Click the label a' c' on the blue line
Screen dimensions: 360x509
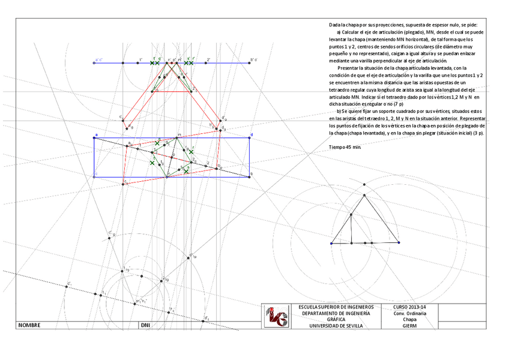[x=98, y=60]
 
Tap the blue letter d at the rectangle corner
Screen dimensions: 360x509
[x=251, y=134]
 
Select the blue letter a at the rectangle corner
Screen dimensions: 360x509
[x=95, y=134]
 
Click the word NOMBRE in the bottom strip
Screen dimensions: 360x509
[x=29, y=325]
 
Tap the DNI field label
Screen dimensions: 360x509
[x=145, y=325]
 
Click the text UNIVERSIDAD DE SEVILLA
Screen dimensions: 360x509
[x=336, y=326]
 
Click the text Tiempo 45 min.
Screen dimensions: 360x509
[x=345, y=146]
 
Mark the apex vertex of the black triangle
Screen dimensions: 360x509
[x=364, y=194]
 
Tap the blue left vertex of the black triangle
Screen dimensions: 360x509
[x=331, y=243]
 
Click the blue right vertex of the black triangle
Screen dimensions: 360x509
[x=399, y=243]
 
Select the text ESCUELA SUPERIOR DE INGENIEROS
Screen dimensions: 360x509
[x=336, y=308]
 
